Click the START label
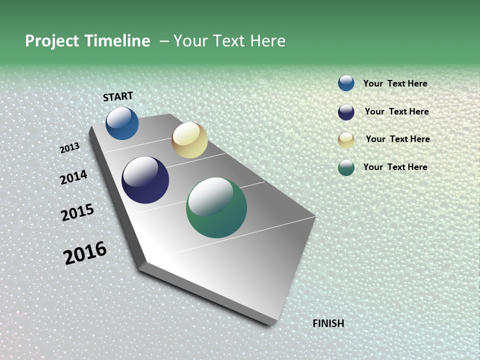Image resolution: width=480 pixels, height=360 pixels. pyautogui.click(x=118, y=96)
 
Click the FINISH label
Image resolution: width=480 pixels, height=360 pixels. pyautogui.click(x=328, y=323)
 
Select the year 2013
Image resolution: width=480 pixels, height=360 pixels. pyautogui.click(x=70, y=148)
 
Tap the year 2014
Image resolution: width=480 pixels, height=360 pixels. pyautogui.click(x=73, y=177)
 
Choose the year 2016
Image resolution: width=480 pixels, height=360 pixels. pyautogui.click(x=85, y=253)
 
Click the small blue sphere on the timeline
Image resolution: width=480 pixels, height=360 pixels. pyautogui.click(x=122, y=123)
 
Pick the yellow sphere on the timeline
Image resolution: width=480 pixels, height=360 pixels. pyautogui.click(x=189, y=140)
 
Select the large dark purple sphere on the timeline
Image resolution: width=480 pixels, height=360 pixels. pyautogui.click(x=145, y=180)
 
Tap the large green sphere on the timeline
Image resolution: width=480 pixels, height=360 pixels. pyautogui.click(x=216, y=207)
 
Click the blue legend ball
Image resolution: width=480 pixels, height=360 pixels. pyautogui.click(x=346, y=83)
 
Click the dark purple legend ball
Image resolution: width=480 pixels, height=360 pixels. pyautogui.click(x=346, y=112)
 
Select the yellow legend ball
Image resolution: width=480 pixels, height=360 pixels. pyautogui.click(x=346, y=140)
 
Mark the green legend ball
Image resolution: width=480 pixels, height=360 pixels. pyautogui.click(x=346, y=167)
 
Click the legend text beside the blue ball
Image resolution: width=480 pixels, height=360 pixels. pyautogui.click(x=395, y=83)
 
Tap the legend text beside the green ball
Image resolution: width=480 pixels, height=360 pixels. pyautogui.click(x=395, y=167)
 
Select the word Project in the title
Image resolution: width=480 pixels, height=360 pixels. pyautogui.click(x=52, y=41)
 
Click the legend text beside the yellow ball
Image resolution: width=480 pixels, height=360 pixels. pyautogui.click(x=397, y=139)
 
